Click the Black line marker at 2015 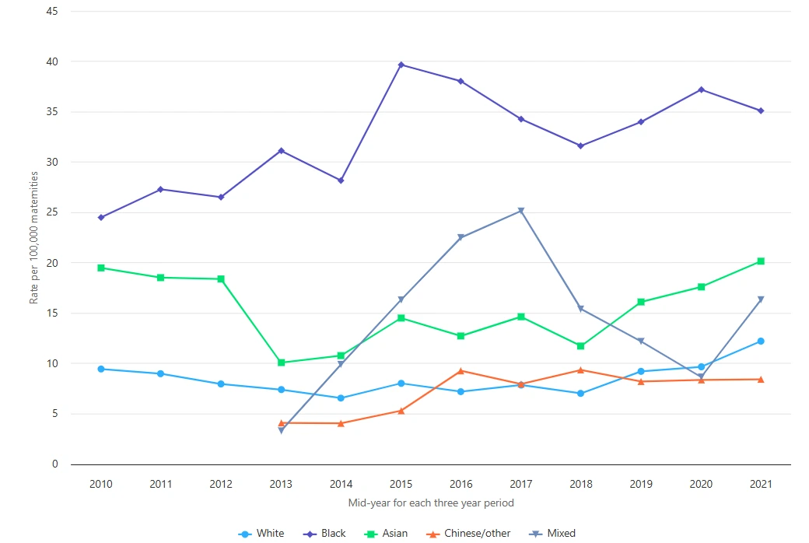(x=401, y=65)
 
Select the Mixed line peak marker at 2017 (x=521, y=211)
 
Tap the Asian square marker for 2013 (x=281, y=363)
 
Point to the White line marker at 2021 (x=761, y=341)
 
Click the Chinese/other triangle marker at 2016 (x=461, y=371)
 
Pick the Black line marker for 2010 (x=101, y=217)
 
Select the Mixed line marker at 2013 (x=281, y=430)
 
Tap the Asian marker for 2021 (x=761, y=261)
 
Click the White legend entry (x=261, y=534)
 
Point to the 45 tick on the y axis (x=52, y=11)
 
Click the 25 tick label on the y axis (x=52, y=212)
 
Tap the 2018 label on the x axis (x=581, y=484)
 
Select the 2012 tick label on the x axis (x=221, y=484)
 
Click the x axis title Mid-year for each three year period (x=430, y=503)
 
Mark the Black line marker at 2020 (x=701, y=89)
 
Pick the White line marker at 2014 (x=341, y=398)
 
